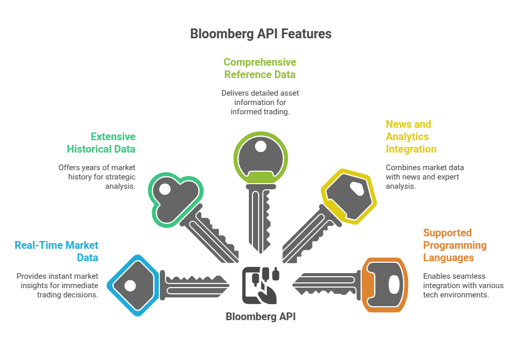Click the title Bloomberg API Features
[x=261, y=34]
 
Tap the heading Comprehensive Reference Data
[x=260, y=68]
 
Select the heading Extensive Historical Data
[x=101, y=143]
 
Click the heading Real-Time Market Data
[x=56, y=251]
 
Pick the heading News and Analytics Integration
[x=411, y=137]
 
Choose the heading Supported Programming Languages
[x=454, y=245]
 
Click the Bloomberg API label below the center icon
[x=261, y=317]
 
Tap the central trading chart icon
[x=260, y=285]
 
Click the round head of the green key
[x=260, y=155]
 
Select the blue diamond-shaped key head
[x=132, y=285]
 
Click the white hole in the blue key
[x=130, y=286]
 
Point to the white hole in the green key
[x=260, y=146]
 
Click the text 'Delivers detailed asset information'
[x=260, y=102]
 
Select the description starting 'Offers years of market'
[x=97, y=176]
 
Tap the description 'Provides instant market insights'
[x=57, y=285]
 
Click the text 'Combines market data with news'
[x=424, y=176]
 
